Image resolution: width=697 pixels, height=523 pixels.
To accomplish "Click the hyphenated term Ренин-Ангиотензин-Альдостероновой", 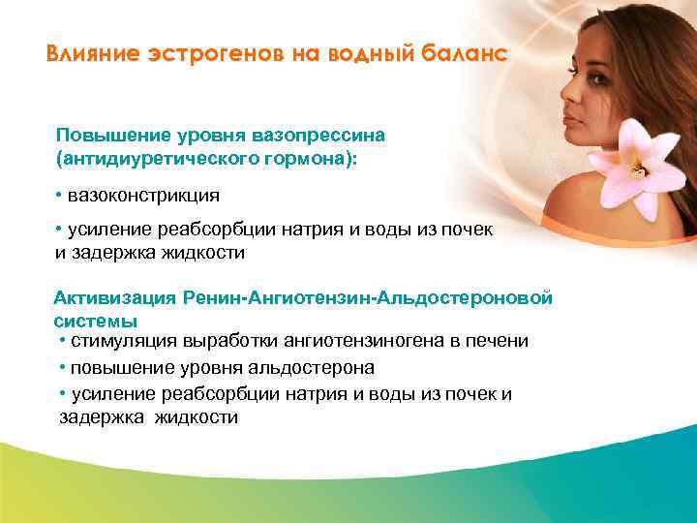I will (x=374, y=297).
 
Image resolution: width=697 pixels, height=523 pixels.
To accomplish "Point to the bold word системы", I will (x=95, y=320).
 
